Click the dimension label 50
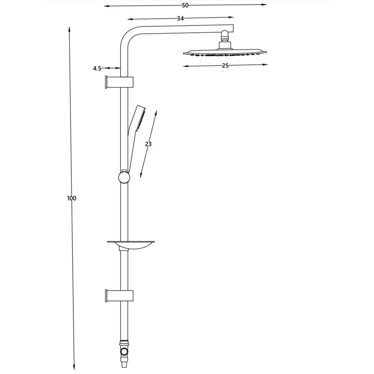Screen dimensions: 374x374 point(185,5)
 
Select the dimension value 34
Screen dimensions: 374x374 point(180,18)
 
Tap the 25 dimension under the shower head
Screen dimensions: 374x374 point(225,65)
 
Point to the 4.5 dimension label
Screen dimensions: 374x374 point(97,68)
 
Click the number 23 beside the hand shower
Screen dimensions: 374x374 point(148,144)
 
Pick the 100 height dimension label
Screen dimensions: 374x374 point(71,198)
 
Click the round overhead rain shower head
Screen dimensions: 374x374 point(225,53)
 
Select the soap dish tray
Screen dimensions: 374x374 point(131,245)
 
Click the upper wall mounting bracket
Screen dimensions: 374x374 point(119,82)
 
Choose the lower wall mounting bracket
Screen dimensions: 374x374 point(119,296)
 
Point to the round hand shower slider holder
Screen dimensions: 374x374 point(124,177)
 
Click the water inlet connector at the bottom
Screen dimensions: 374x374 point(124,354)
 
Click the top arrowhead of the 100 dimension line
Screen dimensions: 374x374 point(69,29)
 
